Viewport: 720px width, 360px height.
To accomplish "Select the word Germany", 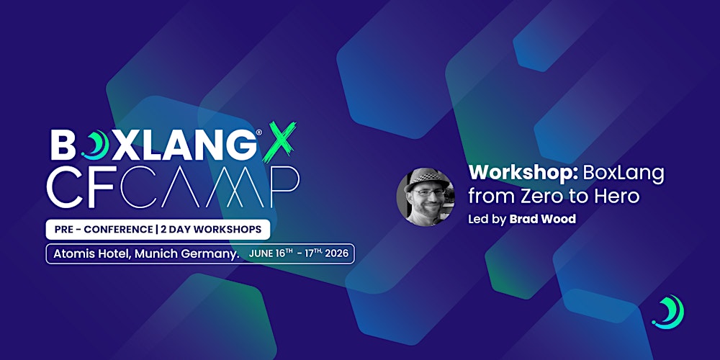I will [209, 254].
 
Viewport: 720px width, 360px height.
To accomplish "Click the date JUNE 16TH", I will [271, 254].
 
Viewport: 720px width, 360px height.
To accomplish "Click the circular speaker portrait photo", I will [426, 197].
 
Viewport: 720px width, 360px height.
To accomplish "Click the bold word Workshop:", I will [514, 174].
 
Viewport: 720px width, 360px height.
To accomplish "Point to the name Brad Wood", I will [542, 219].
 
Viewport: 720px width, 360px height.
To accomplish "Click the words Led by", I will [487, 219].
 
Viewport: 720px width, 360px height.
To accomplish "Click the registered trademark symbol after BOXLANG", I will [257, 134].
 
